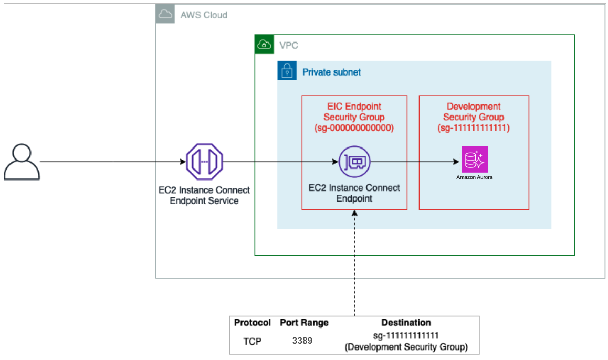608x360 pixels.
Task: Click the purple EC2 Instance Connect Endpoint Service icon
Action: [204, 162]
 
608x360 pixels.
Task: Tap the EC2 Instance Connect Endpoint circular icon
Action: [354, 162]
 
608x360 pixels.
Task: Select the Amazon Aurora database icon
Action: [475, 160]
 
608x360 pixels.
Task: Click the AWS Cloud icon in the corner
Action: [165, 15]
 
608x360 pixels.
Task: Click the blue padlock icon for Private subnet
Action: [287, 71]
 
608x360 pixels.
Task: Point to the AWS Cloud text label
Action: [204, 15]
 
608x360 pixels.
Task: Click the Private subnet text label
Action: [331, 72]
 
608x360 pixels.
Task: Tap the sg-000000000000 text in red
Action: [354, 128]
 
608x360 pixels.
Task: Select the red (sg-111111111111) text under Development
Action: [474, 128]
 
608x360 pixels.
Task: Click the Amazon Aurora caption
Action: [475, 177]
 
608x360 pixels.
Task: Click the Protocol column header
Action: [253, 323]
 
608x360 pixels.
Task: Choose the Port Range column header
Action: [304, 323]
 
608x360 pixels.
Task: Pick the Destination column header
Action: [406, 323]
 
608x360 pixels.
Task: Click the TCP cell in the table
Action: [252, 341]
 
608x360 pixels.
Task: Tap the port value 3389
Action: [302, 341]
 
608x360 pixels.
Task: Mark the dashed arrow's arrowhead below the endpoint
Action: [354, 214]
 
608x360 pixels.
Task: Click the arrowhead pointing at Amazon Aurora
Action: [456, 162]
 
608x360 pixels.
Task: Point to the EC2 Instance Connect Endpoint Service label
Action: [204, 196]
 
